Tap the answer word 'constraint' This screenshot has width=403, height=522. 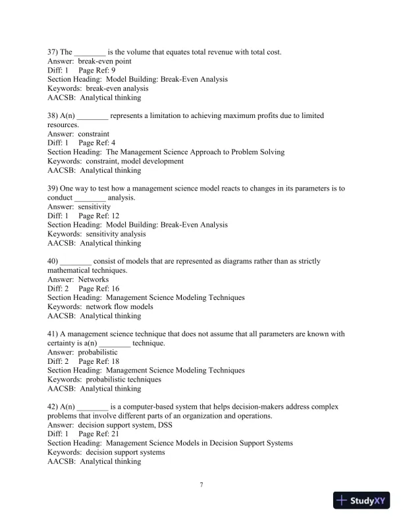coord(94,134)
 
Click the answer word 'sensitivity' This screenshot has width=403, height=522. coord(94,206)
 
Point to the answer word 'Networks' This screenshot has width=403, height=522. coord(93,279)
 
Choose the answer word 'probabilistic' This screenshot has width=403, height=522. coord(97,353)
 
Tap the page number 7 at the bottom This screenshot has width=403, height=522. coord(201,486)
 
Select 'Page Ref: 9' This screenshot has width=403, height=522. coord(97,70)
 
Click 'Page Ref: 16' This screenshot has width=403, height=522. coord(99,289)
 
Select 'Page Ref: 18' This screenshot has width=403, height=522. coord(99,361)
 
